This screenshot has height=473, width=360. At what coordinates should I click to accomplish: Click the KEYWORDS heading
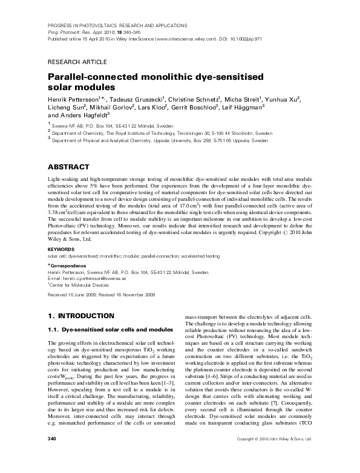(x=61, y=249)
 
